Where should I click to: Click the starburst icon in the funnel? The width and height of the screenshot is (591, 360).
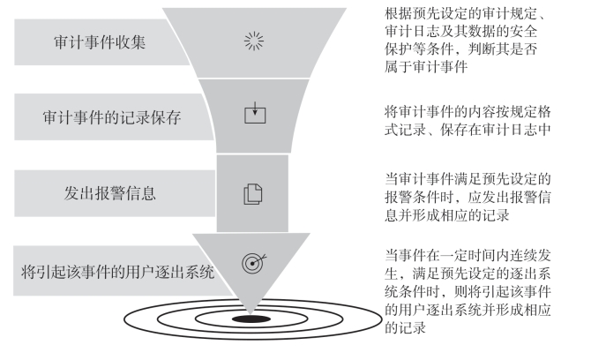click(x=253, y=42)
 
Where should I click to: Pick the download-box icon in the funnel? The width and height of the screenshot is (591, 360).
click(x=253, y=113)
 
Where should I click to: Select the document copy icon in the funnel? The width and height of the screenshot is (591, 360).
click(x=253, y=189)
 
